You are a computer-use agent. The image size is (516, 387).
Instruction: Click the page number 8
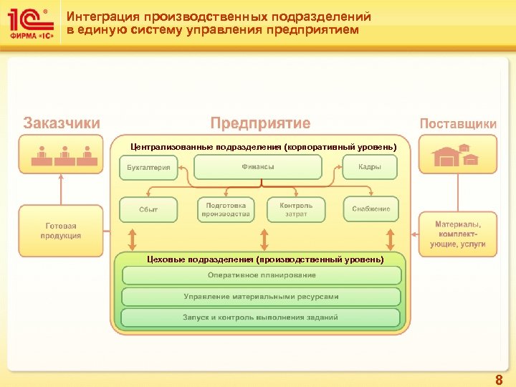click(x=499, y=381)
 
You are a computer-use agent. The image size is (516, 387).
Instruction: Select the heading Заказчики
click(x=62, y=123)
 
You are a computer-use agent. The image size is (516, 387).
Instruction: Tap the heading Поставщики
click(x=457, y=123)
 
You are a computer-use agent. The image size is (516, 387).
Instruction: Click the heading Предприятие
click(x=260, y=123)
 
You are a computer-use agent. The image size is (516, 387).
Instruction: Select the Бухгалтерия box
click(x=148, y=168)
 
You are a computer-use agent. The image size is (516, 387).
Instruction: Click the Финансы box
click(x=258, y=167)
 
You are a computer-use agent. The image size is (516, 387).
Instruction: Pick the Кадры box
click(x=371, y=167)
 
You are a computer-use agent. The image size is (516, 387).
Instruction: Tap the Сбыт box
click(x=148, y=209)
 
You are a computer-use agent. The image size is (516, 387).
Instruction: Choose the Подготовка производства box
click(x=226, y=209)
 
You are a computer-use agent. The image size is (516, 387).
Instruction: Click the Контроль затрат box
click(x=296, y=209)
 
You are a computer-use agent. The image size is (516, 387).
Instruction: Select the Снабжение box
click(x=371, y=209)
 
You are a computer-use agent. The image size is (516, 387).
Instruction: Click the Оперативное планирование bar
click(x=262, y=275)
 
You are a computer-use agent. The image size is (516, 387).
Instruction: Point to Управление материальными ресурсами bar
click(x=262, y=296)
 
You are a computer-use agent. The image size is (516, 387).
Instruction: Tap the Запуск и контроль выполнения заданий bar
click(x=262, y=317)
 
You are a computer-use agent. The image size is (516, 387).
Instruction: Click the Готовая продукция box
click(x=61, y=231)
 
